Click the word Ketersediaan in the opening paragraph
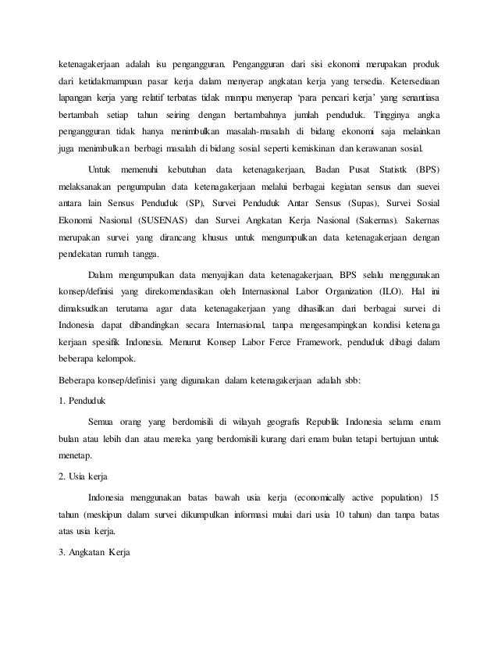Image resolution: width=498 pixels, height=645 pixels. pos(409,81)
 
